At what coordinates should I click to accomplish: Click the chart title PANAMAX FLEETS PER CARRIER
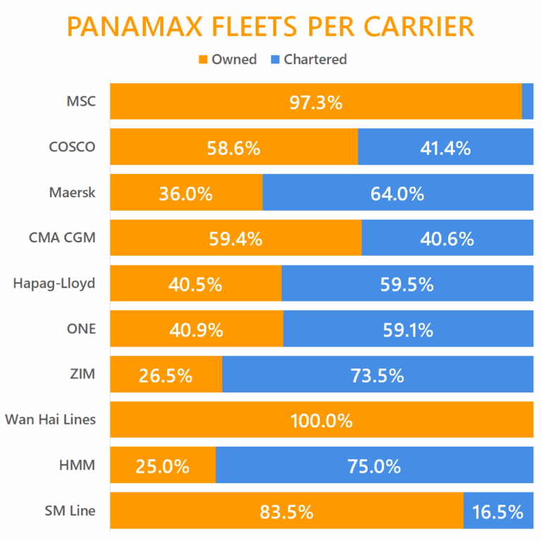pyautogui.click(x=270, y=26)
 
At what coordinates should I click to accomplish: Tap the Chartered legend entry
pyautogui.click(x=308, y=59)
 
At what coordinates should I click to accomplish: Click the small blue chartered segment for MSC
pyautogui.click(x=528, y=101)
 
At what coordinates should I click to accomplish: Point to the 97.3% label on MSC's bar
pyautogui.click(x=316, y=103)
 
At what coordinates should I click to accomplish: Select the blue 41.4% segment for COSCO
pyautogui.click(x=445, y=147)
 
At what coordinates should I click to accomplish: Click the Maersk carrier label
pyautogui.click(x=72, y=192)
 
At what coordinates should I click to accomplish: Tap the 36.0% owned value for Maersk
pyautogui.click(x=186, y=194)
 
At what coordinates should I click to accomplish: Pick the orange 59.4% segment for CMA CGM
pyautogui.click(x=236, y=238)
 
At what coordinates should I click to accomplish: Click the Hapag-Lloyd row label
pyautogui.click(x=54, y=284)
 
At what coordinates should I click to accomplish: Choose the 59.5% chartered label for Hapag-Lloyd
pyautogui.click(x=406, y=285)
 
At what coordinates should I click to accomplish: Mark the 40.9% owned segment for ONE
pyautogui.click(x=197, y=330)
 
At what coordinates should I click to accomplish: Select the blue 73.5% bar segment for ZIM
pyautogui.click(x=378, y=375)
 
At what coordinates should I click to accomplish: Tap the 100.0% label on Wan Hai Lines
pyautogui.click(x=321, y=421)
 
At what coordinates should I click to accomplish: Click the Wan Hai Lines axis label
pyautogui.click(x=50, y=421)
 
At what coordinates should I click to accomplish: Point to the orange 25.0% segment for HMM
pyautogui.click(x=163, y=466)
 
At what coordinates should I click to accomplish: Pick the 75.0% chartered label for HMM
pyautogui.click(x=374, y=466)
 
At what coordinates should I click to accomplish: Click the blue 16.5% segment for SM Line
pyautogui.click(x=497, y=511)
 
